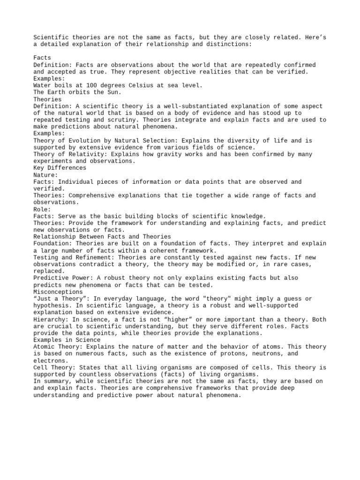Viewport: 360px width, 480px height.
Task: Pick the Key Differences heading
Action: [60, 168]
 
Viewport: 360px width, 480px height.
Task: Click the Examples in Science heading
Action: [67, 340]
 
